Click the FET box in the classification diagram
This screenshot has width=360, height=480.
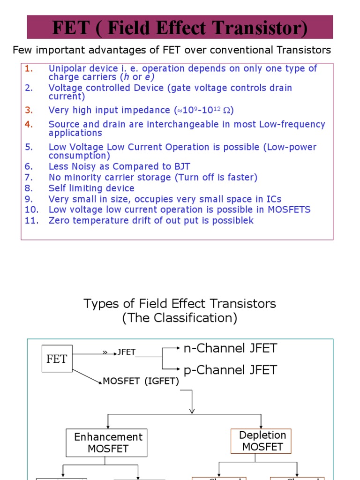click(x=57, y=359)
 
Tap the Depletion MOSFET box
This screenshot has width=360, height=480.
click(x=261, y=441)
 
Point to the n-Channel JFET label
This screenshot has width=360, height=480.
click(x=230, y=349)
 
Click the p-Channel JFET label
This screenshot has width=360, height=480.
click(x=230, y=370)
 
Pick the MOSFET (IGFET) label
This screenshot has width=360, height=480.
click(x=141, y=382)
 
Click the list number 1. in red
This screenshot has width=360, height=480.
click(x=29, y=68)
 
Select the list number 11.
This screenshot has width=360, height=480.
click(x=31, y=220)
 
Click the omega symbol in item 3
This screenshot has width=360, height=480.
click(x=227, y=111)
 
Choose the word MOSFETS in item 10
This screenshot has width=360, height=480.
click(x=289, y=210)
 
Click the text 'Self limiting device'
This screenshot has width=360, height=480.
click(x=91, y=188)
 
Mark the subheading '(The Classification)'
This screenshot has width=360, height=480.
click(x=180, y=318)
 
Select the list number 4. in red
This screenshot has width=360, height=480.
click(x=29, y=124)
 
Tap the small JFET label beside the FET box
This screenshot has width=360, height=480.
click(x=126, y=352)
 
